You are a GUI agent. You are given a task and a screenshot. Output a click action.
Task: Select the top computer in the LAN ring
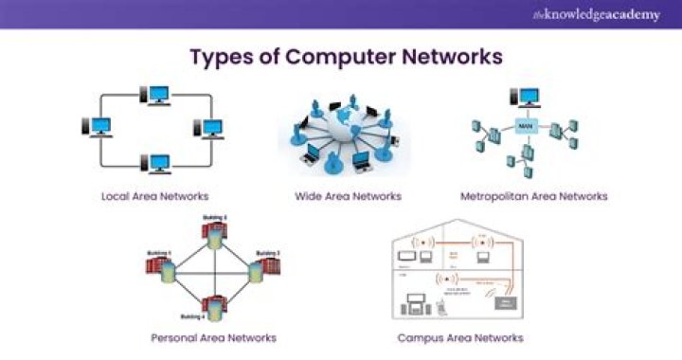click(156, 96)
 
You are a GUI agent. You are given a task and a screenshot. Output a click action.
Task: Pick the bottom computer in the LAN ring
click(156, 164)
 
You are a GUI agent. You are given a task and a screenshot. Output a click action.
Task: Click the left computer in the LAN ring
click(99, 128)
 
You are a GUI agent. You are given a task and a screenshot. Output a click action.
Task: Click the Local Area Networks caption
click(155, 197)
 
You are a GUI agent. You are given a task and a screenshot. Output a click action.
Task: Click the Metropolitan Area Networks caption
click(533, 197)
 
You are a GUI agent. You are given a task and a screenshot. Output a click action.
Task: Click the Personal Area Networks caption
click(213, 337)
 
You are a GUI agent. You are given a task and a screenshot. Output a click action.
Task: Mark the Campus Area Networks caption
click(459, 337)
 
